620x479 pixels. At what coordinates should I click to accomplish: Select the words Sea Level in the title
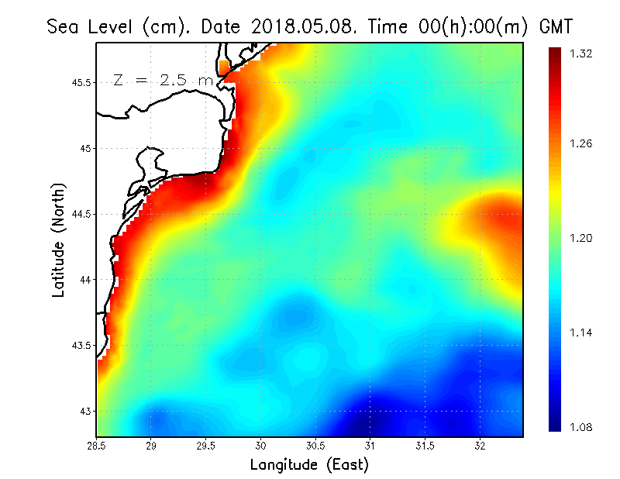click(x=93, y=26)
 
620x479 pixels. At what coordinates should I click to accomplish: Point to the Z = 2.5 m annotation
click(x=164, y=80)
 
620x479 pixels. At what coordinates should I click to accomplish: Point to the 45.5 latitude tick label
click(x=81, y=82)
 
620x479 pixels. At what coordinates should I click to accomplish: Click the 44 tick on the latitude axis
click(x=87, y=279)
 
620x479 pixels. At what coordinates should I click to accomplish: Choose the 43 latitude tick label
click(x=87, y=411)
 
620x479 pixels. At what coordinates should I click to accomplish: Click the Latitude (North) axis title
click(x=58, y=239)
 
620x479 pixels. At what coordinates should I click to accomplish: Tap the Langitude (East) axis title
click(x=309, y=465)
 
